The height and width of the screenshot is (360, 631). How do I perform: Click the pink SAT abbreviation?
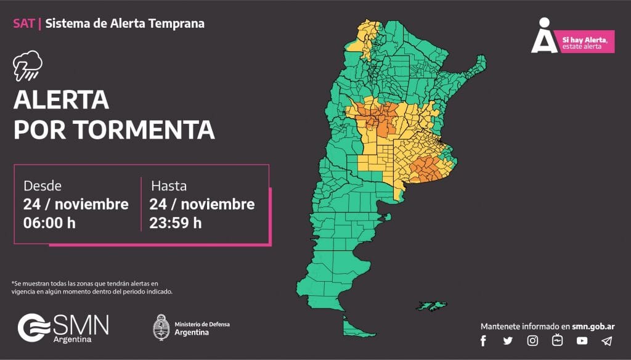[x=24, y=24]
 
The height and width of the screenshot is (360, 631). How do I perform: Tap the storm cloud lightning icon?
[x=28, y=67]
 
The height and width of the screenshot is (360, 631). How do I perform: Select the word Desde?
[x=43, y=186]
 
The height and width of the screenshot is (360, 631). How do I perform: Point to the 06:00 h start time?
[x=49, y=223]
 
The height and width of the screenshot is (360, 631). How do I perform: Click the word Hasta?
[x=169, y=186]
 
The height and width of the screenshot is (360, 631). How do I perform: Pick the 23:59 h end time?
[x=176, y=223]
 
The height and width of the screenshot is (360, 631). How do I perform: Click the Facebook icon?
[x=483, y=341]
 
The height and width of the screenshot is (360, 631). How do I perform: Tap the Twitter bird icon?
[x=508, y=341]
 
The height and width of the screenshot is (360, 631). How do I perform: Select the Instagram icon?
[x=532, y=341]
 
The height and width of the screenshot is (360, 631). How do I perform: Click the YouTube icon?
[x=582, y=341]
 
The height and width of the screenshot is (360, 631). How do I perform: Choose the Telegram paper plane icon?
[x=606, y=341]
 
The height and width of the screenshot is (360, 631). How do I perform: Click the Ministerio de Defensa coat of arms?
[x=161, y=327]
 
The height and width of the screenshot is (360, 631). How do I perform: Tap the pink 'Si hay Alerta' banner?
[x=587, y=41]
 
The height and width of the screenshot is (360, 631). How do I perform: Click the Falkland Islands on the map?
[x=431, y=306]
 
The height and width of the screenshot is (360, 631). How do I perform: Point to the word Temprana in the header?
[x=179, y=24]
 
